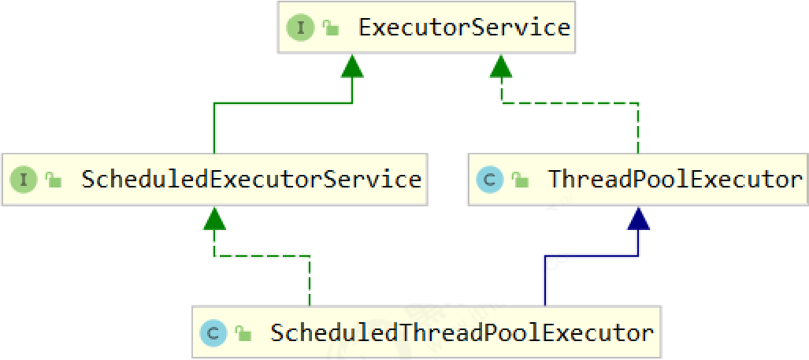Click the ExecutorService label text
click(464, 28)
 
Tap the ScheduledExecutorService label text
click(251, 180)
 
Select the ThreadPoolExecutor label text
click(675, 180)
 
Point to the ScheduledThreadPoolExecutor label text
click(462, 332)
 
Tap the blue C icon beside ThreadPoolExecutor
click(489, 180)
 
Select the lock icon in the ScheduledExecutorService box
click(54, 180)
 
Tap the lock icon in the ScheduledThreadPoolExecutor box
click(243, 333)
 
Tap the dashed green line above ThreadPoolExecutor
click(638, 126)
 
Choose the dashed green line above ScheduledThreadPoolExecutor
click(310, 280)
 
